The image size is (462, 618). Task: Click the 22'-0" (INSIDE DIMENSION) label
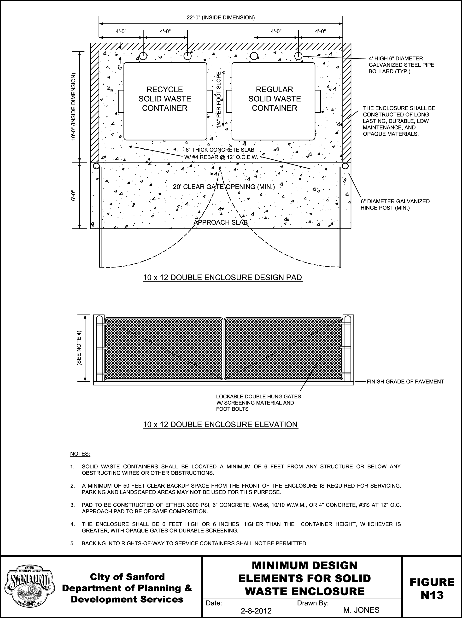pos(221,17)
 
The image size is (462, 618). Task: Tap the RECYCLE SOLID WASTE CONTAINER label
pos(165,99)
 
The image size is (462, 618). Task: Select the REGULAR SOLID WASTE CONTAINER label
pos(275,99)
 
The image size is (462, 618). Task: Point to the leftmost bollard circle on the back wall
pos(143,56)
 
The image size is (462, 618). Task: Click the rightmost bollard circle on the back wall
pos(298,56)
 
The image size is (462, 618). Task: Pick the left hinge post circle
pos(96,166)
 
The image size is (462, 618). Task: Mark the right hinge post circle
pos(345,166)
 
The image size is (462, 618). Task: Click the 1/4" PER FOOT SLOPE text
pos(219,100)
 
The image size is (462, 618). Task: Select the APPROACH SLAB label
pos(221,222)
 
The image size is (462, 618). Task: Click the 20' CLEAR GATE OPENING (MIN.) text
pos(224,187)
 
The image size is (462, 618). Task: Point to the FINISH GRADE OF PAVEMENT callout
pos(405,381)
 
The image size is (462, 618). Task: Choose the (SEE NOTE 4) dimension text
pos(79,348)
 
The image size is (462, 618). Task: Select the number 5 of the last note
pos(72,543)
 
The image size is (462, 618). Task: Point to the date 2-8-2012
pos(256,611)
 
